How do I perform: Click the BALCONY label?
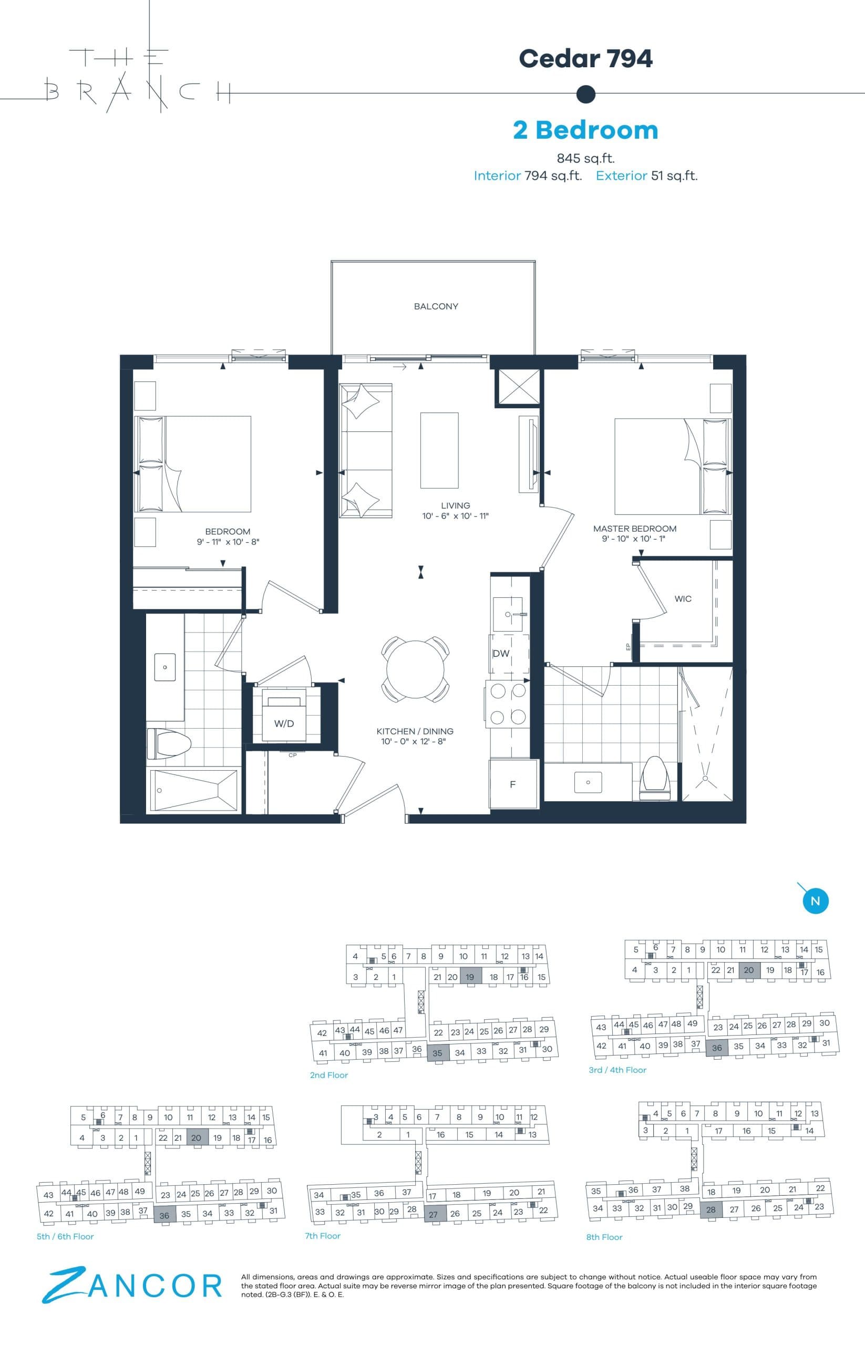click(x=436, y=307)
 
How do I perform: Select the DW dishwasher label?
click(x=500, y=654)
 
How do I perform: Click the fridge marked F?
click(x=512, y=784)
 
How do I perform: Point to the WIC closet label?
click(x=683, y=598)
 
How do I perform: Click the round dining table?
click(x=415, y=669)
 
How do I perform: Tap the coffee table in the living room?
click(x=439, y=450)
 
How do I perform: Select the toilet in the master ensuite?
click(x=655, y=778)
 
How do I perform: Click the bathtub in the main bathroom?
click(x=193, y=791)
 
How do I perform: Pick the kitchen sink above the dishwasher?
click(x=508, y=614)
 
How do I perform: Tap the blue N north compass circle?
click(x=815, y=902)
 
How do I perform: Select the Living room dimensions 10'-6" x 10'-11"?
click(x=456, y=516)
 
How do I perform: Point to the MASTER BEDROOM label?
click(x=635, y=529)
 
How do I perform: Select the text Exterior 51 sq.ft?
click(x=646, y=176)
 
